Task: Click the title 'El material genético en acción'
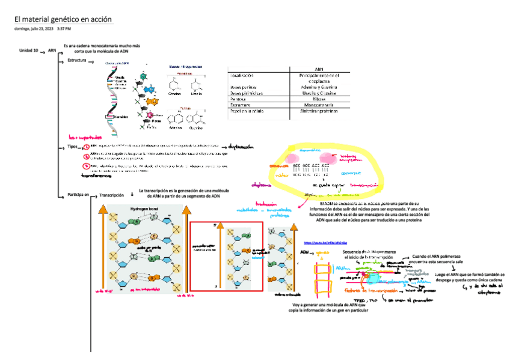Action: [63, 20]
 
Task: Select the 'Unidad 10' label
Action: [29, 51]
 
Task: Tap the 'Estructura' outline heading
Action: [76, 61]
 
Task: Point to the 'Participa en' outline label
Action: [78, 195]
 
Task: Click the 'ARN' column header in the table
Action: [319, 70]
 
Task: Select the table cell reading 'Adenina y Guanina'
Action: [319, 87]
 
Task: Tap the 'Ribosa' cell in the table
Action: [319, 99]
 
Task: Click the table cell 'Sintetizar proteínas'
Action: [319, 111]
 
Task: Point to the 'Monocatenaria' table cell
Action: [319, 105]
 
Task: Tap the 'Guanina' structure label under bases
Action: [196, 128]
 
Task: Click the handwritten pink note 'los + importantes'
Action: [82, 136]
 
